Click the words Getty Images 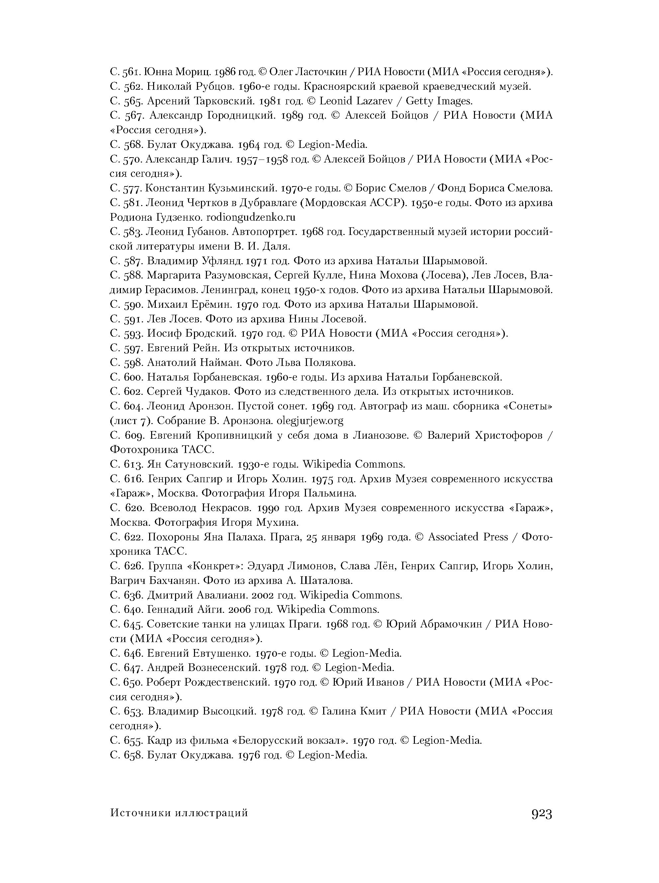[x=439, y=101]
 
